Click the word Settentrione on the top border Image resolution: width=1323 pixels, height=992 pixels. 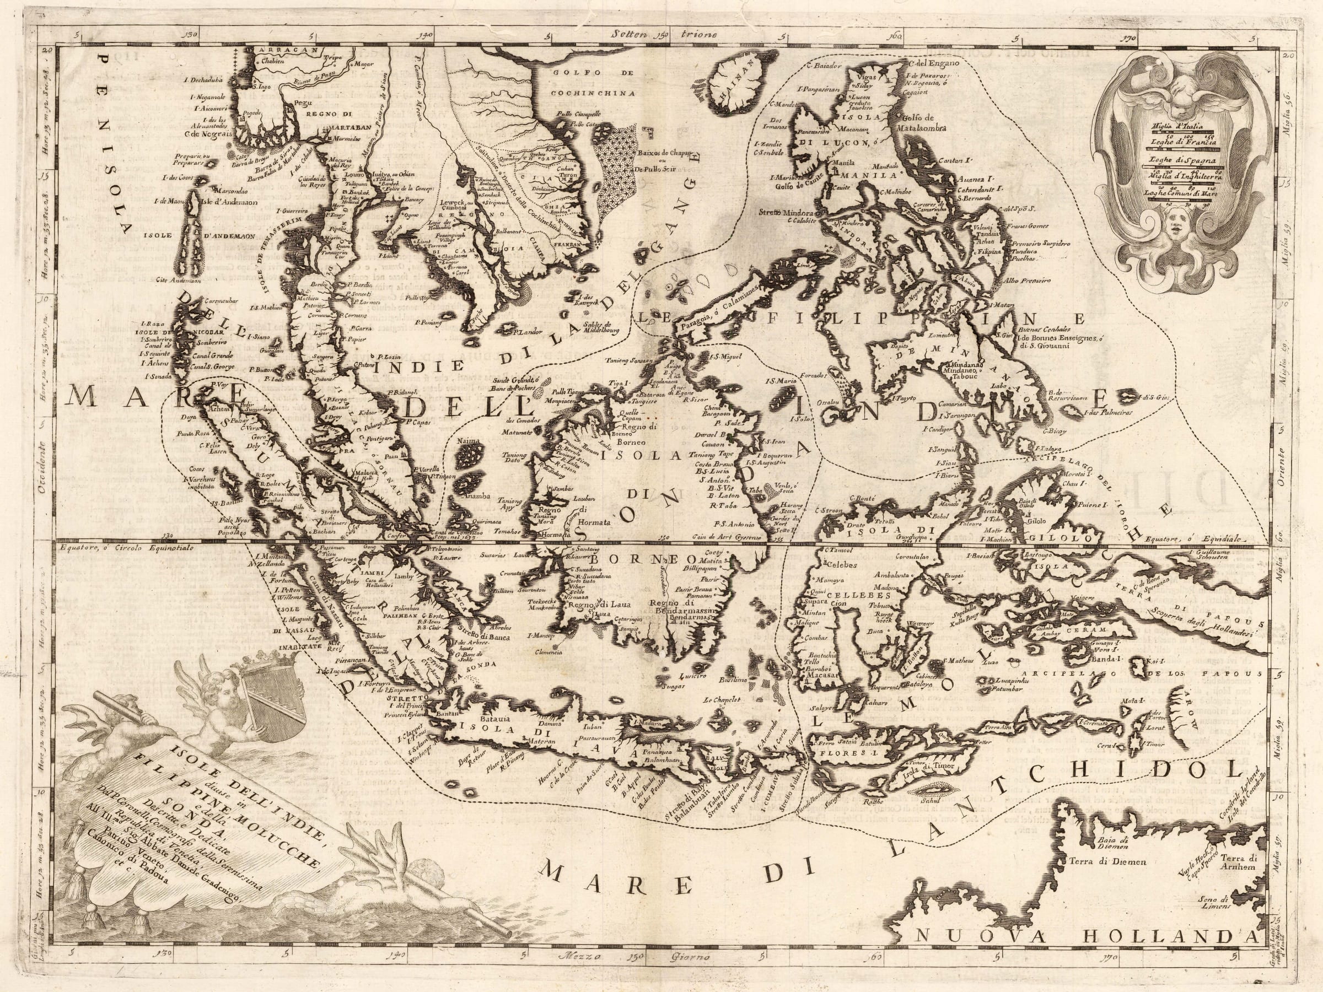tap(664, 35)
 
